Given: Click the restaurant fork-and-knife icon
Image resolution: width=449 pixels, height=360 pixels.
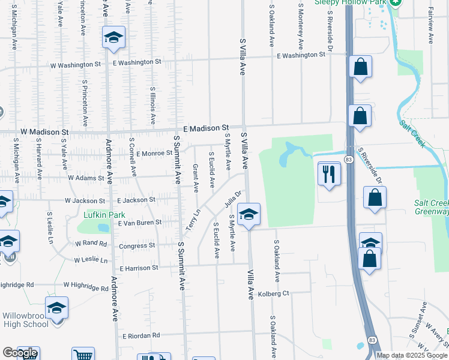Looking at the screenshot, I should pos(329,174).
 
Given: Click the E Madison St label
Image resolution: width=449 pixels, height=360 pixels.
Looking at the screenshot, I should pos(206,128).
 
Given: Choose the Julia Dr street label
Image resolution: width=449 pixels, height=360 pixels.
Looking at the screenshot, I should pos(234,200).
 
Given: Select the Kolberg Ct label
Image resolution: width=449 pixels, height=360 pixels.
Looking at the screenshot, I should pos(274,293).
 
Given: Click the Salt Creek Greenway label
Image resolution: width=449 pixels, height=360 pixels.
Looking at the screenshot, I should pos(431,207).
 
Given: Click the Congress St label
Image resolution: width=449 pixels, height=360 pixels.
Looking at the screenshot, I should pos(137,245).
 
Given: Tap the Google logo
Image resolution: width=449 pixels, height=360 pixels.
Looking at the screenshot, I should pos(20,353).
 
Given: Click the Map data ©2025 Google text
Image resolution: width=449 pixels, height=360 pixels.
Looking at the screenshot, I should pos(412,355).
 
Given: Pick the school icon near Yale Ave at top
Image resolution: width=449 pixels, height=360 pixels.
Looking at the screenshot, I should pos(113,38).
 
